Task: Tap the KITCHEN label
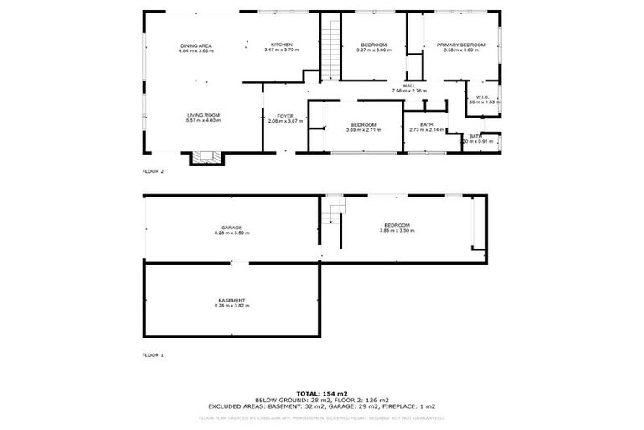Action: (280, 45)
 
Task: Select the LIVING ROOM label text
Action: (203, 115)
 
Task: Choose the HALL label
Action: (409, 85)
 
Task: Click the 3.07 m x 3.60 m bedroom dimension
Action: (373, 50)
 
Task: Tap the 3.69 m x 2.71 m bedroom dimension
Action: (363, 130)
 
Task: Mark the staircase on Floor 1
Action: (335, 209)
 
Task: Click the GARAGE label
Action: (231, 227)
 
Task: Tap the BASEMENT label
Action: (231, 300)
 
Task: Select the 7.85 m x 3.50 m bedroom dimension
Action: (397, 230)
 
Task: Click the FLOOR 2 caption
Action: (153, 170)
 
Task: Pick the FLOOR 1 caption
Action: (153, 355)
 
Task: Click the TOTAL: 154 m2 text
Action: (322, 393)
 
